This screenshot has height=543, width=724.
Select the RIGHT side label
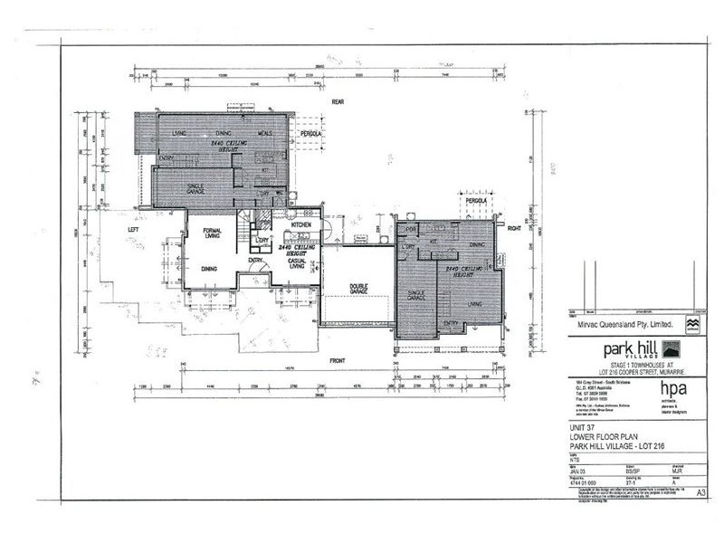point(515,229)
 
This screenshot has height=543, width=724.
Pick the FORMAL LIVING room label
point(214,235)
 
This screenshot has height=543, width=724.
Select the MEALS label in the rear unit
point(265,133)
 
